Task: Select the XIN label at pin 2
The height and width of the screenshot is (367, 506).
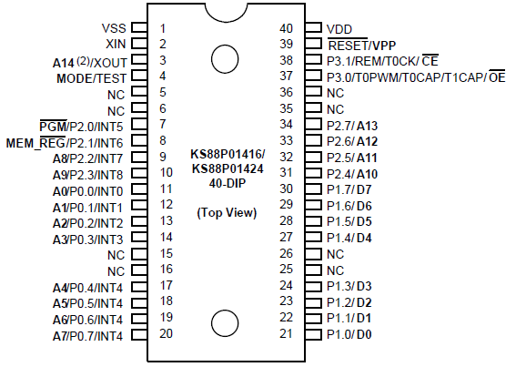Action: coord(116,44)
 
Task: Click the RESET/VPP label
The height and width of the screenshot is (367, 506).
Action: coord(361,44)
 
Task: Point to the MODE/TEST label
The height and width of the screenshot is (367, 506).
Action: coord(92,76)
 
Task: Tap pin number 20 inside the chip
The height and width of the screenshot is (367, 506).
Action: coord(165,333)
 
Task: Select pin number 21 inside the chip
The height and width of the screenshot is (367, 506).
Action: coord(287,334)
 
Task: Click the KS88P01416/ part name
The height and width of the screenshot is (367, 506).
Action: coord(227,154)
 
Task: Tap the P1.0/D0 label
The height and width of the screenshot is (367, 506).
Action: coord(349,335)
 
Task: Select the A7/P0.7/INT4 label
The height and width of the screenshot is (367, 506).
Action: coord(88,335)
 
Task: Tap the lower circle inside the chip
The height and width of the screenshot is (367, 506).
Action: coord(225,321)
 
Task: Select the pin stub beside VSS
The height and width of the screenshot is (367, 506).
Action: coord(139,27)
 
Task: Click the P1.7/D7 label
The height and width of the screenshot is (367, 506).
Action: coord(349,189)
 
